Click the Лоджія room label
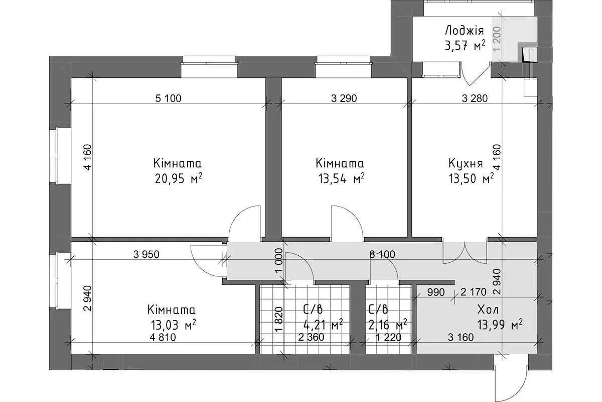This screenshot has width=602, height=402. click(465, 31)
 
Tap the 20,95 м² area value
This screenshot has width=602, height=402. click(179, 178)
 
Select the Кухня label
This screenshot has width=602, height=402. click(466, 163)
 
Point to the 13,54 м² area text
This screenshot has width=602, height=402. click(342, 178)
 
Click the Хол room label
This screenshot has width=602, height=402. click(488, 310)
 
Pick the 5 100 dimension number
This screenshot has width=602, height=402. click(169, 98)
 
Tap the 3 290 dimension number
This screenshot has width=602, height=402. click(344, 98)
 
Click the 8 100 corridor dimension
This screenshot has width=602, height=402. click(382, 254)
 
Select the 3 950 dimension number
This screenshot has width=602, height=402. click(146, 254)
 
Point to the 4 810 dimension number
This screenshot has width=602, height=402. click(163, 337)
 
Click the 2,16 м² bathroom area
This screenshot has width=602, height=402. click(387, 325)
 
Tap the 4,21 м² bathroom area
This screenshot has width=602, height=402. click(323, 325)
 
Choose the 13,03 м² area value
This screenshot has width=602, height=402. click(173, 325)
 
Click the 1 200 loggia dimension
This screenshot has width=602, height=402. click(497, 39)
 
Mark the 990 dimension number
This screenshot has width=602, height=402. click(436, 292)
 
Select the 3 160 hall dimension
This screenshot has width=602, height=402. click(461, 337)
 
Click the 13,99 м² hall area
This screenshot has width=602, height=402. click(500, 325)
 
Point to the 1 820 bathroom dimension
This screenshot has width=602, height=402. click(279, 319)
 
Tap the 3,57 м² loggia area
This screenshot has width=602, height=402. click(465, 46)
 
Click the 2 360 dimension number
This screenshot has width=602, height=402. click(311, 337)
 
